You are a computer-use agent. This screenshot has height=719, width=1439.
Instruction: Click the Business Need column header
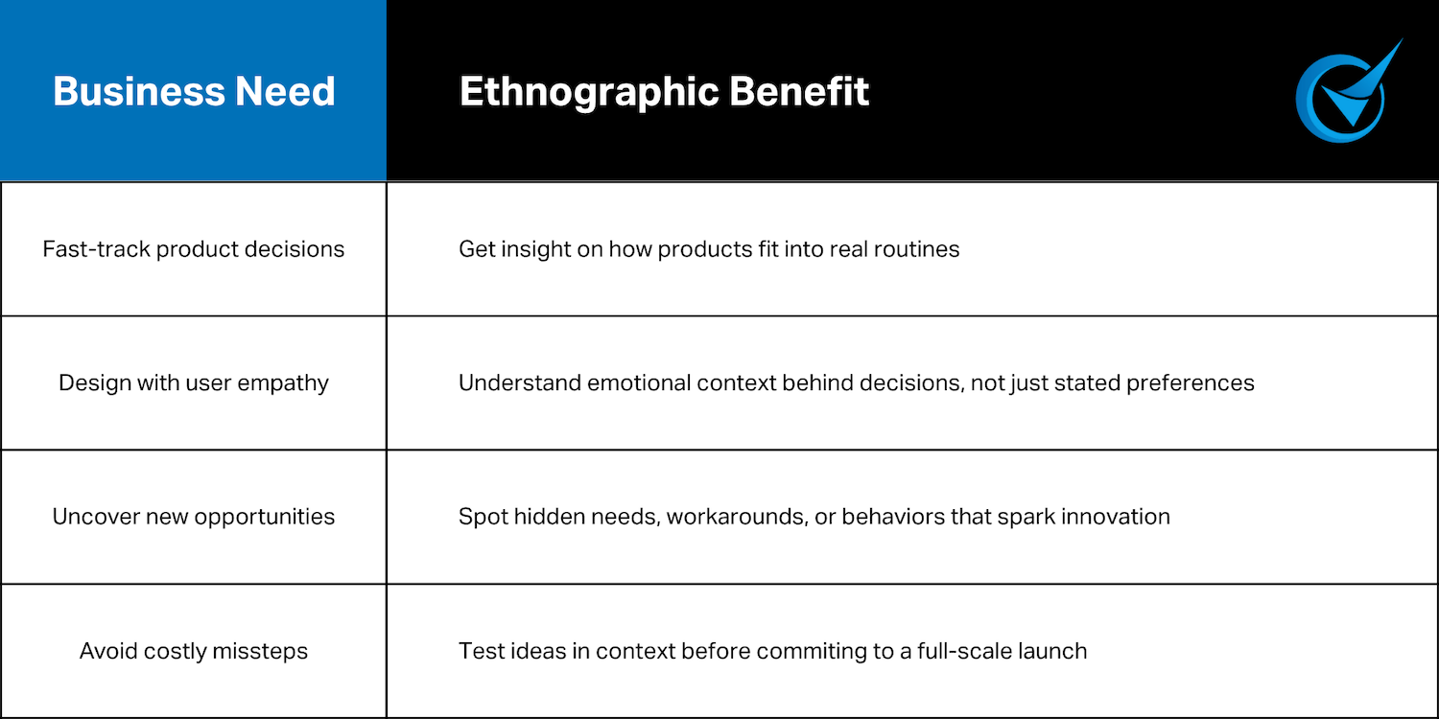point(194,92)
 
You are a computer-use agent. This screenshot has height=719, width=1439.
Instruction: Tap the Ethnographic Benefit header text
point(664,92)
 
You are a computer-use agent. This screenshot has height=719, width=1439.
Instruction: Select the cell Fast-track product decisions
point(194,249)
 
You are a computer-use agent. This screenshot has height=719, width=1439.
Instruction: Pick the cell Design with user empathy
point(194,383)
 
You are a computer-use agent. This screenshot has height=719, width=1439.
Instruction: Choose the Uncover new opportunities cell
point(194,517)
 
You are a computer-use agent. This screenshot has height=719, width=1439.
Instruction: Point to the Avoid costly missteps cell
point(194,652)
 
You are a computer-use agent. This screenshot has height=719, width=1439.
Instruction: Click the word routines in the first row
point(920,249)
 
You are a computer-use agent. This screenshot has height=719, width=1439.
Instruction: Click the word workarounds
point(724,518)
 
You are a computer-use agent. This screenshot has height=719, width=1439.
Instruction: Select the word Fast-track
point(96,249)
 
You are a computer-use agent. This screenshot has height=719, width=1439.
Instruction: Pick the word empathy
point(287,383)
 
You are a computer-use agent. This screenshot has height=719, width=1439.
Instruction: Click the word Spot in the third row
point(483,518)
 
